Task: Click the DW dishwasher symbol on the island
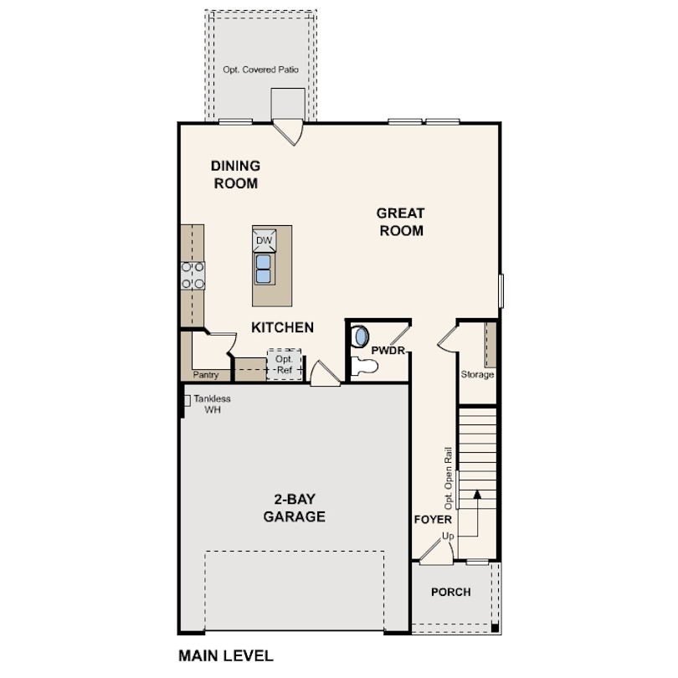(x=265, y=240)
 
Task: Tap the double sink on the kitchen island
(x=264, y=269)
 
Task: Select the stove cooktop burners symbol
(x=193, y=275)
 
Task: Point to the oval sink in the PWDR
(x=361, y=336)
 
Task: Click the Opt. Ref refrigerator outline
(x=284, y=363)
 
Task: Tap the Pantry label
(x=206, y=376)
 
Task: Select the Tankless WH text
(x=211, y=404)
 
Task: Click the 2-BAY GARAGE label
(x=294, y=508)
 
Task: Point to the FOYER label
(x=433, y=520)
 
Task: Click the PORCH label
(x=450, y=592)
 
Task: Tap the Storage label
(x=477, y=374)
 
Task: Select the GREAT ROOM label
(x=401, y=222)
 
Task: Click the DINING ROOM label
(x=235, y=174)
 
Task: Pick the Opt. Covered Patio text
(x=261, y=70)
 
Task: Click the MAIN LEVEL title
(x=226, y=655)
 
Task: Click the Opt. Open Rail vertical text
(x=449, y=478)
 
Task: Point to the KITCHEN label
(x=283, y=327)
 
